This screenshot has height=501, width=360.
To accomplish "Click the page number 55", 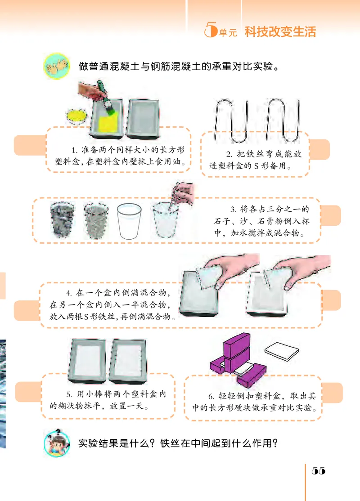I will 318,470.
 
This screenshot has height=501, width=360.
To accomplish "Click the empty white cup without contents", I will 130,221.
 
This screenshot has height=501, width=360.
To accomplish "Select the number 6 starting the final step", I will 211,396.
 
